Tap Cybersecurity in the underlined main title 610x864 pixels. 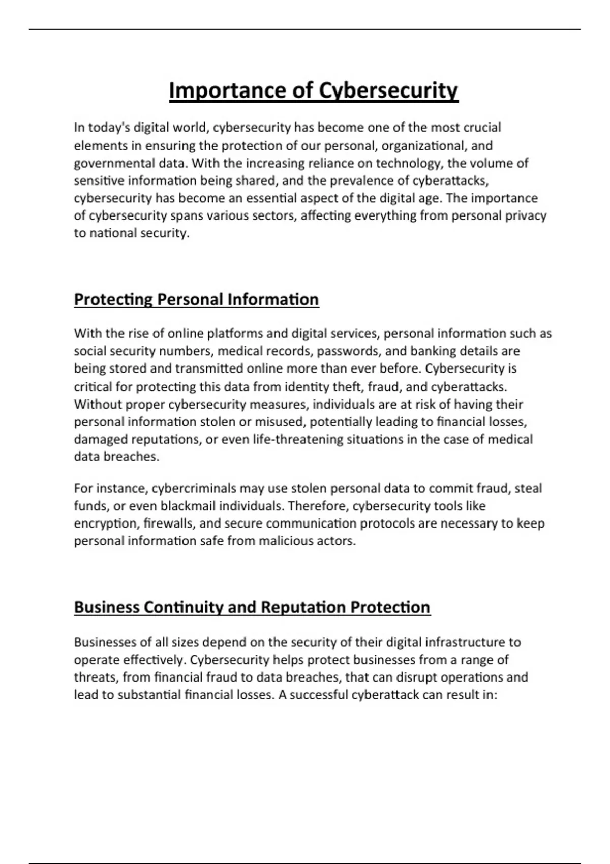(x=388, y=91)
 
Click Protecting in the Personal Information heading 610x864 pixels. (x=113, y=299)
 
